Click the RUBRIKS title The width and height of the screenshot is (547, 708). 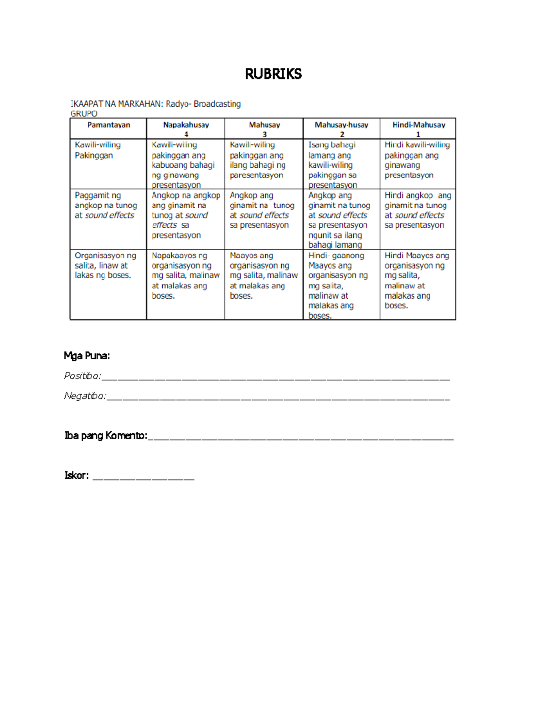pos(273,74)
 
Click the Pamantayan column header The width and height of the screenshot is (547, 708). pos(108,125)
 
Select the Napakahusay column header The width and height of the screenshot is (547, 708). pos(186,125)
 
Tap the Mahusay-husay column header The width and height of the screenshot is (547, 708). pos(341,125)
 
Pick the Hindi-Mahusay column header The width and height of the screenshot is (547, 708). pos(418,125)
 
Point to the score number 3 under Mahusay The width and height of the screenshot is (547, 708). pos(264,134)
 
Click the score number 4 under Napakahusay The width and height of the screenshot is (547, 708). pos(186,134)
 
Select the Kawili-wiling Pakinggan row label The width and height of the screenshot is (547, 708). pos(98,150)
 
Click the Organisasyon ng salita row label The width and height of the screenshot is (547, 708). pos(105,265)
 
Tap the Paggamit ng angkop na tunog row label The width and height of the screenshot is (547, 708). pos(106,205)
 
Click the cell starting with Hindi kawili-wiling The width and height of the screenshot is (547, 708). pos(417,160)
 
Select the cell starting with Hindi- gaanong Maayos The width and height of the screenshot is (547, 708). pos(338,285)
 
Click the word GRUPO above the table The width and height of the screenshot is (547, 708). pos(84,114)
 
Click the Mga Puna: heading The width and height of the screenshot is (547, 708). pos(87,356)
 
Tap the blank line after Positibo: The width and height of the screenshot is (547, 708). pos(275,378)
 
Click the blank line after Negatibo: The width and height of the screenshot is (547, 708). pos(278,398)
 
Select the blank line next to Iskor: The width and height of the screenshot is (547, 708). pos(143,478)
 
